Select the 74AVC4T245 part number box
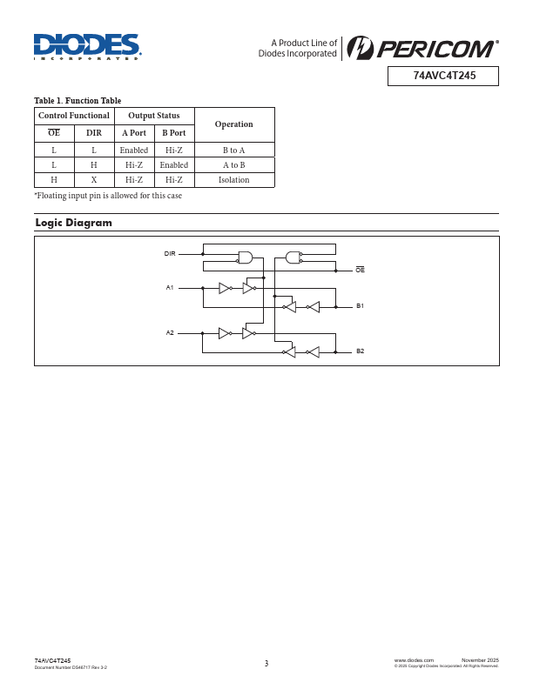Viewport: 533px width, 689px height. [443, 76]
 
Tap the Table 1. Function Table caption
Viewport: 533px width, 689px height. [78, 101]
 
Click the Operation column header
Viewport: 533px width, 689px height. [233, 124]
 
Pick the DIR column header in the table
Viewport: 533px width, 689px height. [94, 133]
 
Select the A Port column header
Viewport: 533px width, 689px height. [133, 133]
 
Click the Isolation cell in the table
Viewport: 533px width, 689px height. [233, 180]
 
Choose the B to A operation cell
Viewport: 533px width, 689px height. [233, 151]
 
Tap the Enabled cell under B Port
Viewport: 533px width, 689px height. [173, 165]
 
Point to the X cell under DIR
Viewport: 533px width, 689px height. [94, 180]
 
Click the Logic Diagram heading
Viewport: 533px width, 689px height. [73, 223]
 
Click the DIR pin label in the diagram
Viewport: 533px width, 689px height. [170, 253]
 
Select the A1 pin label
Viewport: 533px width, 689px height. [170, 287]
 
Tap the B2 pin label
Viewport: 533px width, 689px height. [360, 351]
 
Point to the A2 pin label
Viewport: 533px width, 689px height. [170, 333]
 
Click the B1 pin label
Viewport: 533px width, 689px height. [360, 306]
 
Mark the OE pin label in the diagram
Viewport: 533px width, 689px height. [360, 271]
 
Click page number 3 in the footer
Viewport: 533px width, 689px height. [266, 664]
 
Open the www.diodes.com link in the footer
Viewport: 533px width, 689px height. [414, 661]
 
